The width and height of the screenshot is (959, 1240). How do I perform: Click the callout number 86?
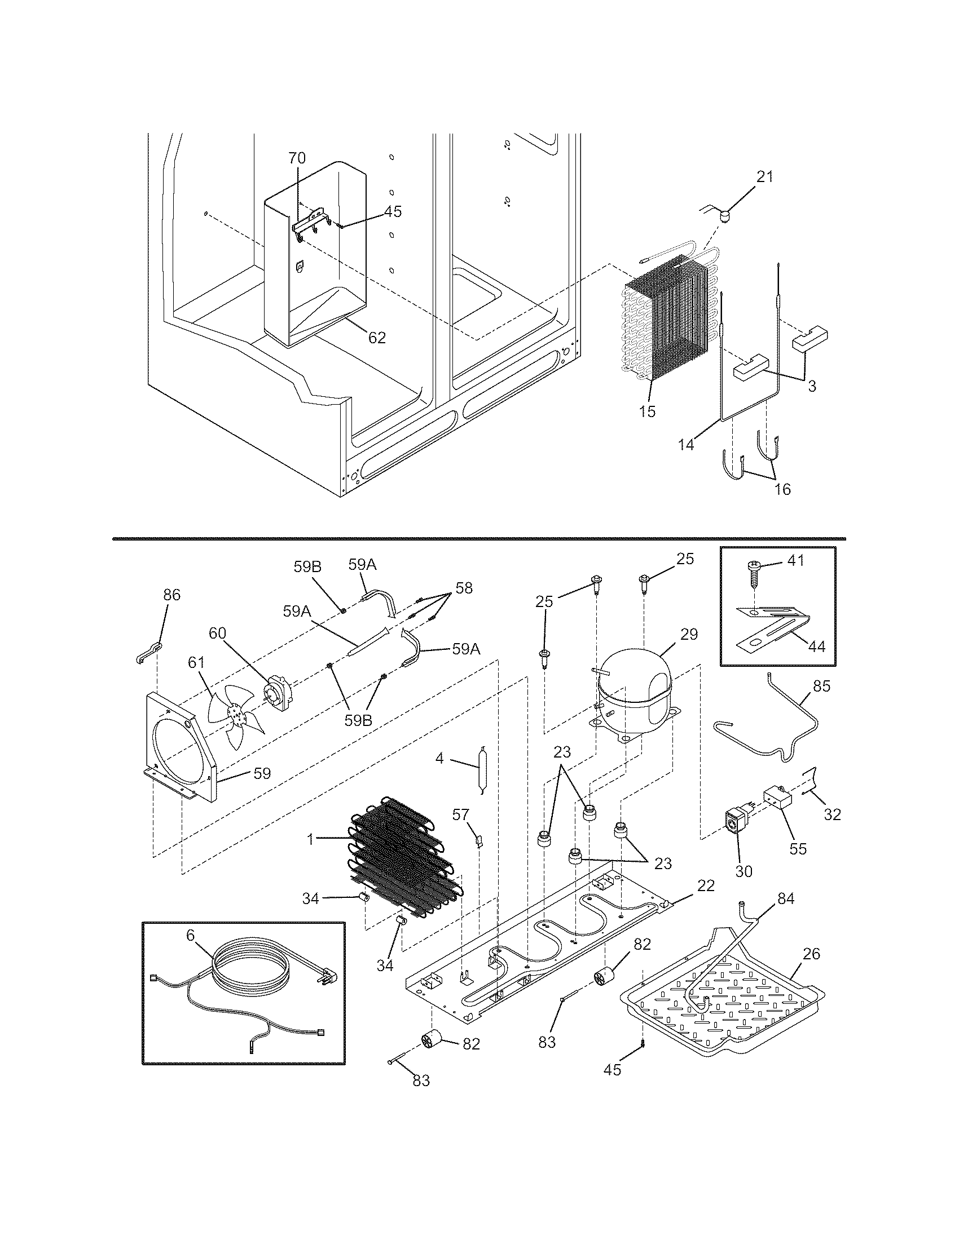[171, 595]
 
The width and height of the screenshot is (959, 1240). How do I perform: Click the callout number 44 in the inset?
[816, 645]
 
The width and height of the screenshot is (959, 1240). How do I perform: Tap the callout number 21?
[764, 176]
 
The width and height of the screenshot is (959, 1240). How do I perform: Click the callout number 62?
[377, 338]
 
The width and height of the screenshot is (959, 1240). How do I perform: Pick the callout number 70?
[297, 158]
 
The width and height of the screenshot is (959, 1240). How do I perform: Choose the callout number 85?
[821, 686]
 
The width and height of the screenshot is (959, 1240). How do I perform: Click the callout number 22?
[706, 885]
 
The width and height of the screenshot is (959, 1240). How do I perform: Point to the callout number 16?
[782, 489]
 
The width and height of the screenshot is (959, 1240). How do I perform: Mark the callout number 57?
[461, 815]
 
